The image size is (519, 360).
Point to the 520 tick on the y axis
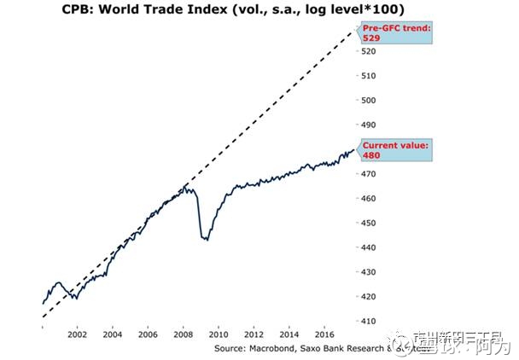click(x=369, y=51)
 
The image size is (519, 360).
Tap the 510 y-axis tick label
click(x=369, y=76)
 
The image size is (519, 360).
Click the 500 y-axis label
click(x=369, y=101)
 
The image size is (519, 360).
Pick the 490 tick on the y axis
click(x=369, y=125)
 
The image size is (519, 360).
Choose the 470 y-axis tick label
click(x=369, y=174)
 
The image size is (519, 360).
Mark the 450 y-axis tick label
click(x=369, y=223)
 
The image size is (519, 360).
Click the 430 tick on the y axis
click(x=369, y=272)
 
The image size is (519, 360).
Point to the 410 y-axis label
click(x=369, y=321)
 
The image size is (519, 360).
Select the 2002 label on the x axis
click(x=77, y=335)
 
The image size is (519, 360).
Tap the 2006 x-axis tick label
click(x=148, y=335)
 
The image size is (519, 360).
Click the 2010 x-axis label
click(x=219, y=335)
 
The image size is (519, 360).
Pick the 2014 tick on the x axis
click(x=289, y=335)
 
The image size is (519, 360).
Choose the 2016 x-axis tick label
click(x=324, y=335)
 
